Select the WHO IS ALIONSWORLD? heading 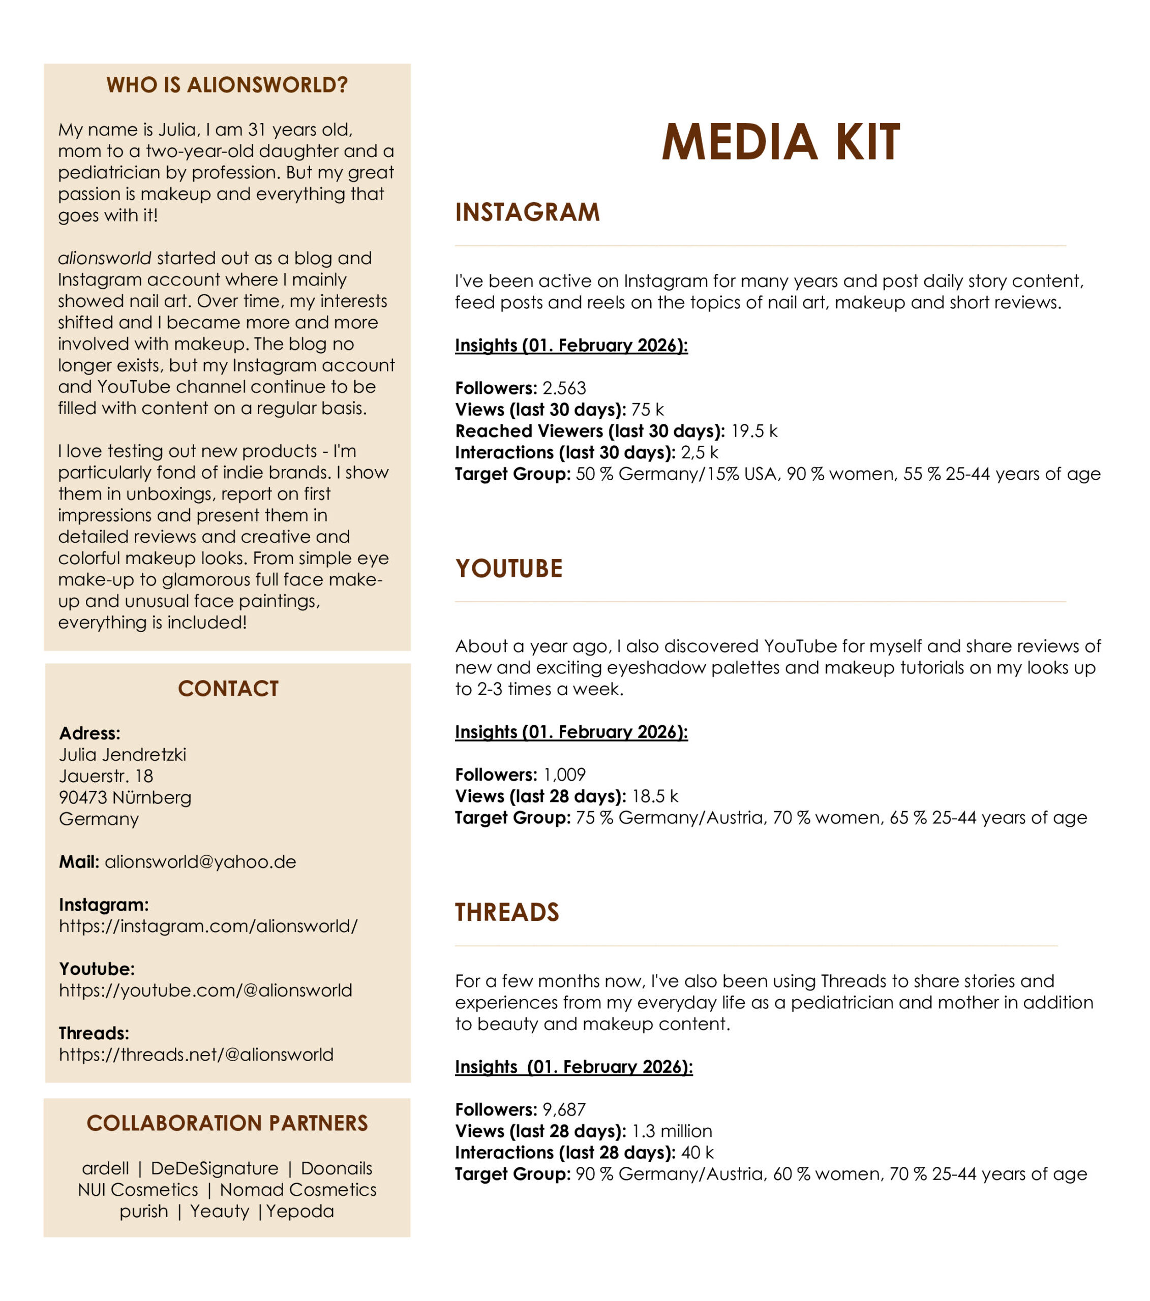tap(227, 85)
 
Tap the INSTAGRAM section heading tap(527, 212)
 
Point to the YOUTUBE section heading tap(509, 568)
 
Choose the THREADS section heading tap(507, 912)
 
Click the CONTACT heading tap(228, 688)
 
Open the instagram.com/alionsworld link tap(208, 925)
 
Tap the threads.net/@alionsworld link tap(196, 1054)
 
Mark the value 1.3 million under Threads tap(671, 1131)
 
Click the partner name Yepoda tap(300, 1211)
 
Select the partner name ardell tap(105, 1168)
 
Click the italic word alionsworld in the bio tap(104, 258)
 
